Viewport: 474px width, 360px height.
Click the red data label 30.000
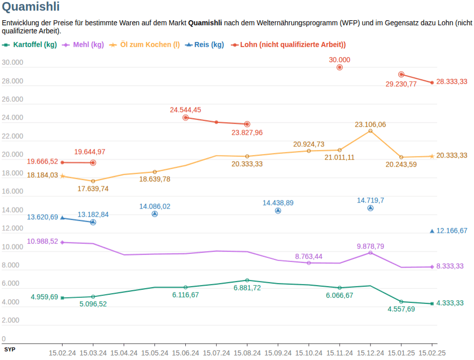339,60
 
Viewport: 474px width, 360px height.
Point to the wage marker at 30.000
339,67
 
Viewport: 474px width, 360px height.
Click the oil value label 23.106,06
370,124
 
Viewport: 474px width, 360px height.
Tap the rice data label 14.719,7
370,200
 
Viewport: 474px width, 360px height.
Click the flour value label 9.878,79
370,246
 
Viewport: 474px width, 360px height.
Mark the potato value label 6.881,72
247,288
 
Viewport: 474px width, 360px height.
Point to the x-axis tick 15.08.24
247,353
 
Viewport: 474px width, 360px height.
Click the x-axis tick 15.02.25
432,353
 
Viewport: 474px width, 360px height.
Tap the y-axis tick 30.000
13,63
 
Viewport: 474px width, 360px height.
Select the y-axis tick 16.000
13,191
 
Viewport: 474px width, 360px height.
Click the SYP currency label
10,349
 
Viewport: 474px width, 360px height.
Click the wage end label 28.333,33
452,82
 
